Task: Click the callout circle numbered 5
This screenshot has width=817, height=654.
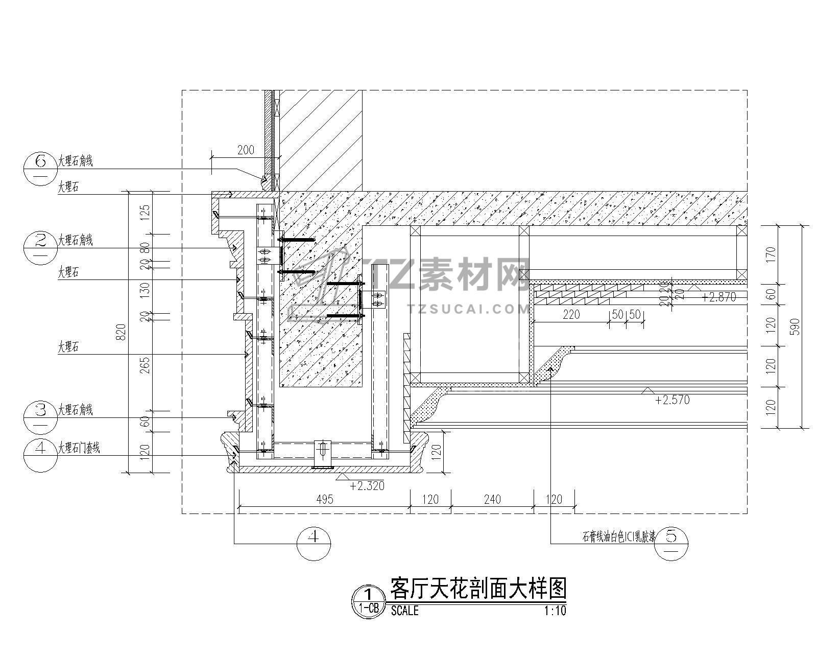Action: pyautogui.click(x=671, y=543)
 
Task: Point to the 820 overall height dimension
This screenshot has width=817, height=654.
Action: pyautogui.click(x=120, y=333)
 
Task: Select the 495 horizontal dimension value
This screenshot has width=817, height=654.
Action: pyautogui.click(x=324, y=499)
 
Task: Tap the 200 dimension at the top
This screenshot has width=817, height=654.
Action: pyautogui.click(x=246, y=150)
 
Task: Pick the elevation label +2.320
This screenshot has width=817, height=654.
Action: pyautogui.click(x=367, y=485)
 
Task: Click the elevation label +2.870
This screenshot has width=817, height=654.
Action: pyautogui.click(x=719, y=297)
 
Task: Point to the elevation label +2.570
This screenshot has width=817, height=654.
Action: pyautogui.click(x=672, y=400)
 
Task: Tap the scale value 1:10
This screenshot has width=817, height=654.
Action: pyautogui.click(x=555, y=611)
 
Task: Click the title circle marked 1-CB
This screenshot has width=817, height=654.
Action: pyautogui.click(x=369, y=601)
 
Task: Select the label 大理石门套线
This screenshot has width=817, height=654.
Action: pyautogui.click(x=79, y=448)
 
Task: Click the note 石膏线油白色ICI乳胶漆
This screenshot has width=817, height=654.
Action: pyautogui.click(x=619, y=537)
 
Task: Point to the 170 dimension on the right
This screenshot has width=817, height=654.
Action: pyautogui.click(x=771, y=255)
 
